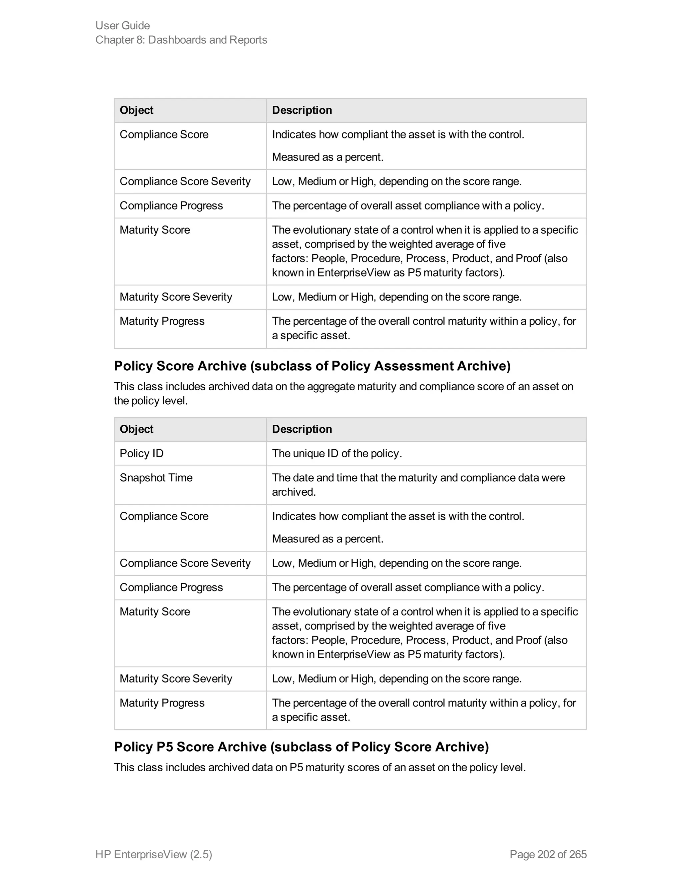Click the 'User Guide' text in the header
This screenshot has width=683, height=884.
point(123,25)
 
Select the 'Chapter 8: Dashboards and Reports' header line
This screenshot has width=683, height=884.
point(181,40)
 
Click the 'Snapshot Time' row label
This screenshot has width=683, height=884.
point(156,478)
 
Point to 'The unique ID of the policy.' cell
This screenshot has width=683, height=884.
point(336,453)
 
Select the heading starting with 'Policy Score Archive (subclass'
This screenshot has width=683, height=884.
point(312,366)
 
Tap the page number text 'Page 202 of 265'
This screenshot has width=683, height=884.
point(548,854)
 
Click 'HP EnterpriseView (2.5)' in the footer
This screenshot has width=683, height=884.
point(154,854)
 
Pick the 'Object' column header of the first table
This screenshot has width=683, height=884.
point(136,110)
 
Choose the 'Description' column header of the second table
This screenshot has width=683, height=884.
point(302,429)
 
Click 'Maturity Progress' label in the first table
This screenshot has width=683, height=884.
point(162,321)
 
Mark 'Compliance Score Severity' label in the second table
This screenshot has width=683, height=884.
point(185,563)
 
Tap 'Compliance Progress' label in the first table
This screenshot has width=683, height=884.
point(171,205)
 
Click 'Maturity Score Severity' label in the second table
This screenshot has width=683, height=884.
point(176,679)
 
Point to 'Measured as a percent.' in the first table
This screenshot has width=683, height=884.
point(327,157)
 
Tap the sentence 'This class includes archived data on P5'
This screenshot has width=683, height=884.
point(319,768)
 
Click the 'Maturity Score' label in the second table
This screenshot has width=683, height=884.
point(154,611)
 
